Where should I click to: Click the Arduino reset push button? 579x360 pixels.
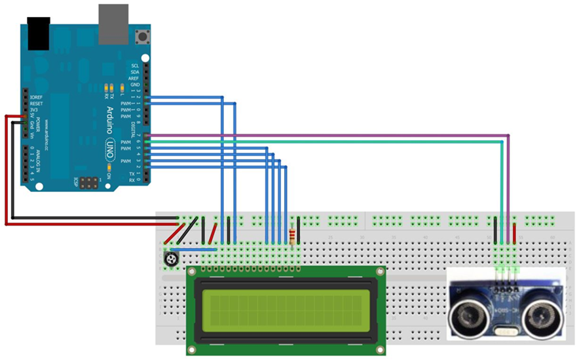(140, 35)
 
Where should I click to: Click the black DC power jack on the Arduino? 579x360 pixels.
(39, 33)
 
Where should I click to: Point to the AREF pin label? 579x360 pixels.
(134, 79)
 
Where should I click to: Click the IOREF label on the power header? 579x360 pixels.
(37, 97)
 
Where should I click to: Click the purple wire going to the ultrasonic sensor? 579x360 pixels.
(327, 135)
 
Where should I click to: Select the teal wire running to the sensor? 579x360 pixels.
(327, 141)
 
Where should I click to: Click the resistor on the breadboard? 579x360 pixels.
(291, 233)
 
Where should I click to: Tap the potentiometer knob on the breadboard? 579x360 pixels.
(172, 260)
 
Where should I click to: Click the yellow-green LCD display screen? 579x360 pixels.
(282, 307)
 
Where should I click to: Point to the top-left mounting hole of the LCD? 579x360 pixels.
(192, 272)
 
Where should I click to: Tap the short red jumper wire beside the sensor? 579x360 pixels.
(515, 233)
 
